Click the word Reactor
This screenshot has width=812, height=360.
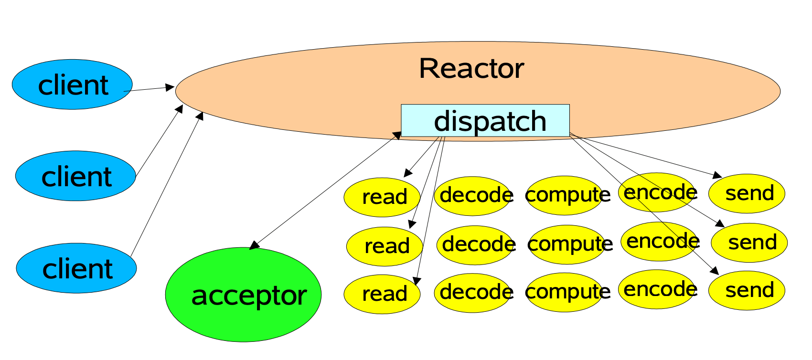[x=471, y=69]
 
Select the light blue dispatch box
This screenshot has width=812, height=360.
[x=485, y=120]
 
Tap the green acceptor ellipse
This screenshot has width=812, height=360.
[x=243, y=295]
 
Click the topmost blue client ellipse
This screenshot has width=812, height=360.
[x=72, y=85]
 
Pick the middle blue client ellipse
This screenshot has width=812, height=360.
[x=75, y=176]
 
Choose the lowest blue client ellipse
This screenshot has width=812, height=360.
[x=76, y=268]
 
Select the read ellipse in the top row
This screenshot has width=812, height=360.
[x=382, y=197]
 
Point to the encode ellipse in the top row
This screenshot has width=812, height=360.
[x=657, y=192]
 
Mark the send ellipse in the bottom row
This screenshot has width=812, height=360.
[x=747, y=290]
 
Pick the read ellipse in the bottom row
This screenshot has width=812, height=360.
[x=382, y=293]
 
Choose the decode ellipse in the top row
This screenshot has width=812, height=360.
[x=473, y=195]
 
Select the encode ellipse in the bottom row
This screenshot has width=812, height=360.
[x=657, y=289]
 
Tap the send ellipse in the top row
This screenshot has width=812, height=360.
[x=747, y=193]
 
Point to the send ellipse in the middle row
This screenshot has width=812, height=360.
[x=749, y=242]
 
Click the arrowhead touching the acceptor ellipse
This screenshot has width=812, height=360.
[x=255, y=245]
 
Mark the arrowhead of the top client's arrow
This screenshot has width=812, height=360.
[x=170, y=87]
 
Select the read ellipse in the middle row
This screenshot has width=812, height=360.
[x=385, y=246]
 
